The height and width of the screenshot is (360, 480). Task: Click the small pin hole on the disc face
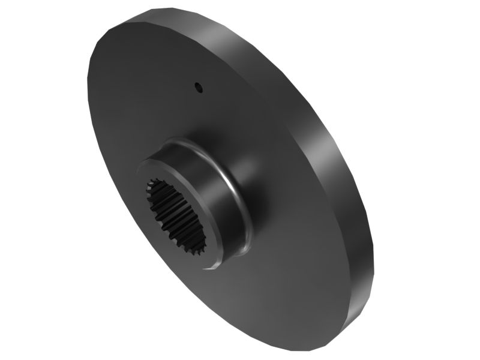[199, 88]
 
